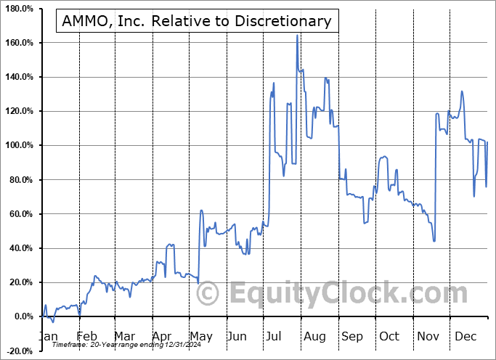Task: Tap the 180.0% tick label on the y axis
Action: [19, 9]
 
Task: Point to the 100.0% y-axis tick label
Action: [19, 145]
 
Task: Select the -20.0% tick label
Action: [19, 351]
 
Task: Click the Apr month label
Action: [161, 336]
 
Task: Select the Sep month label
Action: [352, 336]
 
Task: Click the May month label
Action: [201, 336]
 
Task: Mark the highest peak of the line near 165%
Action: [297, 35]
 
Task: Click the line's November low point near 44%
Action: [434, 241]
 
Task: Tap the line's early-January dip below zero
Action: [53, 322]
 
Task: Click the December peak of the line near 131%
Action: [462, 91]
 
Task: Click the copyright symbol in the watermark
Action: [208, 294]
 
